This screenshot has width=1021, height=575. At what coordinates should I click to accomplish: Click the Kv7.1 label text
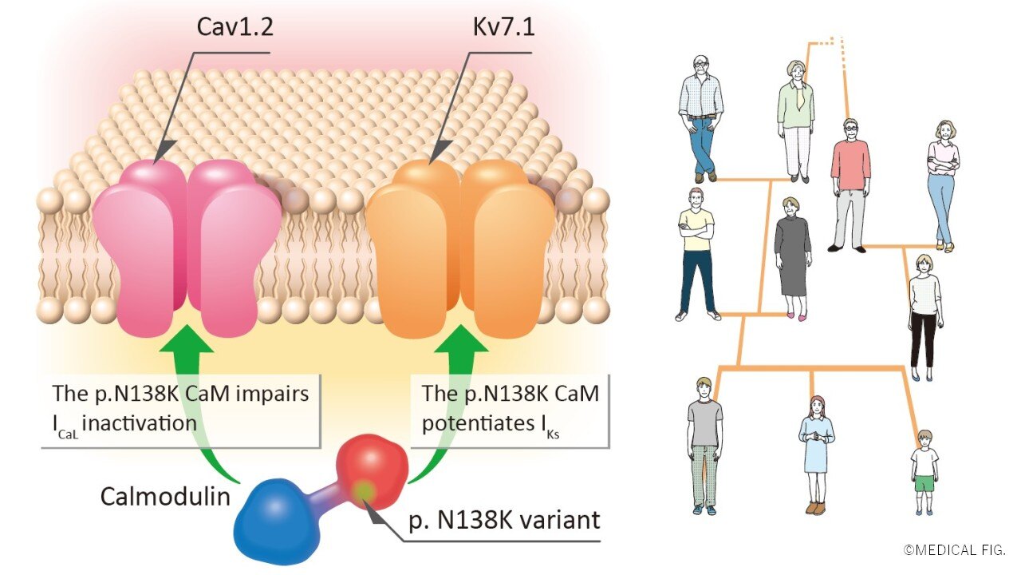(x=503, y=29)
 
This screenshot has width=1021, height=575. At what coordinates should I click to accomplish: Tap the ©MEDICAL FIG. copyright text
(x=954, y=550)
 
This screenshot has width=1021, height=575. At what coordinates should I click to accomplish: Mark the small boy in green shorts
(x=924, y=471)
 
